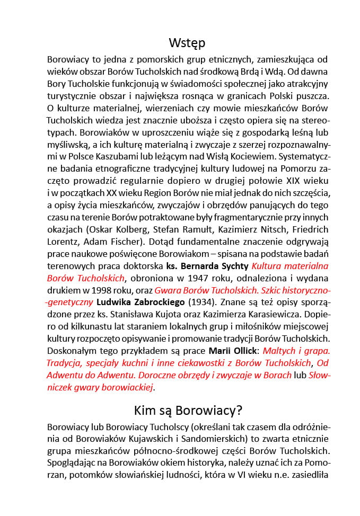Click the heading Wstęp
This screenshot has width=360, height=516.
[x=187, y=43]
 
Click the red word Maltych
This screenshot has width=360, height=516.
[x=280, y=351]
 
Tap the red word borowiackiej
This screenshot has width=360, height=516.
[x=127, y=387]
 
